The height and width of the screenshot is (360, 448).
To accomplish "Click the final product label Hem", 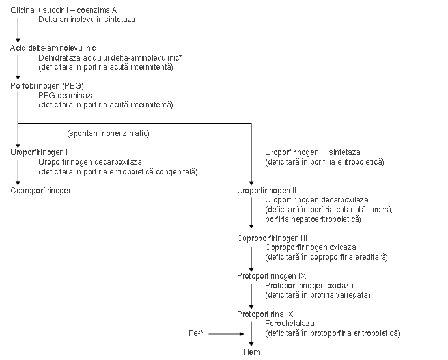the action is tap(252, 352).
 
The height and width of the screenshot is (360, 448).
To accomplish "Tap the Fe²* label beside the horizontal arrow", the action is tap(196, 333).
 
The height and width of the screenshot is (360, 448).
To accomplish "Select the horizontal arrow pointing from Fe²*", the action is tap(227, 334).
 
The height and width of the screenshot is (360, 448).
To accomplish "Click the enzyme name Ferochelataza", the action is tap(289, 324).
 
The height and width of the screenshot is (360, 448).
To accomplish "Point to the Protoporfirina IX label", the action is tap(265, 314).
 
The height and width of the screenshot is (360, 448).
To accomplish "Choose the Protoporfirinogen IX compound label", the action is tap(272, 276).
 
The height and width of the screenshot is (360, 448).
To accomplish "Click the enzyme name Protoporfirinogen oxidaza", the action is tap(309, 285).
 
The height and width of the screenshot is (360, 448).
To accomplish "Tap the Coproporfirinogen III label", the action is tap(272, 238).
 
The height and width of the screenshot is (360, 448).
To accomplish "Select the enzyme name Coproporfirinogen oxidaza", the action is tap(311, 247).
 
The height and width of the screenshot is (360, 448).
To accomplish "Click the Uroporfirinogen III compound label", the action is tap(268, 191).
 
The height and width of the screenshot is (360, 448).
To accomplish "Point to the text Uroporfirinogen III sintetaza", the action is tap(313, 152).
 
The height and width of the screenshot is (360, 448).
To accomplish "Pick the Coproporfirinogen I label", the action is tap(44, 191).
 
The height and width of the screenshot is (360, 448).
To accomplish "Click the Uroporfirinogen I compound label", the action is tap(39, 152).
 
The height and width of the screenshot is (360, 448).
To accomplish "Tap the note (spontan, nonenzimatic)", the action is tap(108, 133).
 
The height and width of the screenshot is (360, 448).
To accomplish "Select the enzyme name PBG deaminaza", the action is tap(66, 96).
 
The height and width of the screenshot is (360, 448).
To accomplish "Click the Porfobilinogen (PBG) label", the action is tap(47, 86).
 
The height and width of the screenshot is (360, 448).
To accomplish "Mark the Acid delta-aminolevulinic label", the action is tap(53, 48).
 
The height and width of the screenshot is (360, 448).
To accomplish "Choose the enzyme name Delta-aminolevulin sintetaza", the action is tap(87, 20).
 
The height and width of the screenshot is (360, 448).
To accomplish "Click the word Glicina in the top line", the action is tap(22, 10).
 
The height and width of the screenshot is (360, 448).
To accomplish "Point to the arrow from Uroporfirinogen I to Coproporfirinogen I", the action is tap(18, 173).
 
